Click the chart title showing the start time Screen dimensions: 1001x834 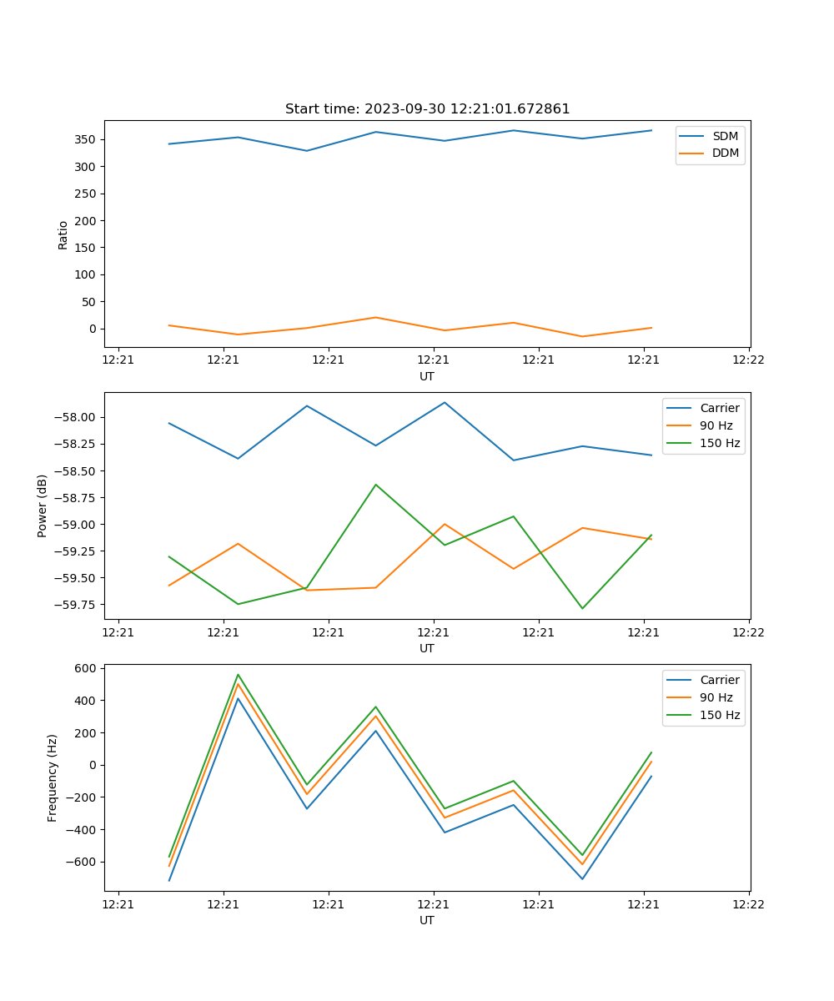[x=427, y=109]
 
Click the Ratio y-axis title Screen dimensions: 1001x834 [x=63, y=234]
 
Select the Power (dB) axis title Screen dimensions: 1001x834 [x=43, y=506]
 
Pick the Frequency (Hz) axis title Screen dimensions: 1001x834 [x=53, y=777]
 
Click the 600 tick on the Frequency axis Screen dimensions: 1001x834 [x=87, y=668]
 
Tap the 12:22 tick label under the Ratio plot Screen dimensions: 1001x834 [x=748, y=360]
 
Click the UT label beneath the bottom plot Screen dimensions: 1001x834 [x=427, y=920]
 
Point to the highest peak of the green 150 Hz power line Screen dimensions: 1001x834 [x=375, y=485]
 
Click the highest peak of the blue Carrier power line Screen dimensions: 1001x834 [x=445, y=403]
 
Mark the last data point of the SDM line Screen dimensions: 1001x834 [x=651, y=130]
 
